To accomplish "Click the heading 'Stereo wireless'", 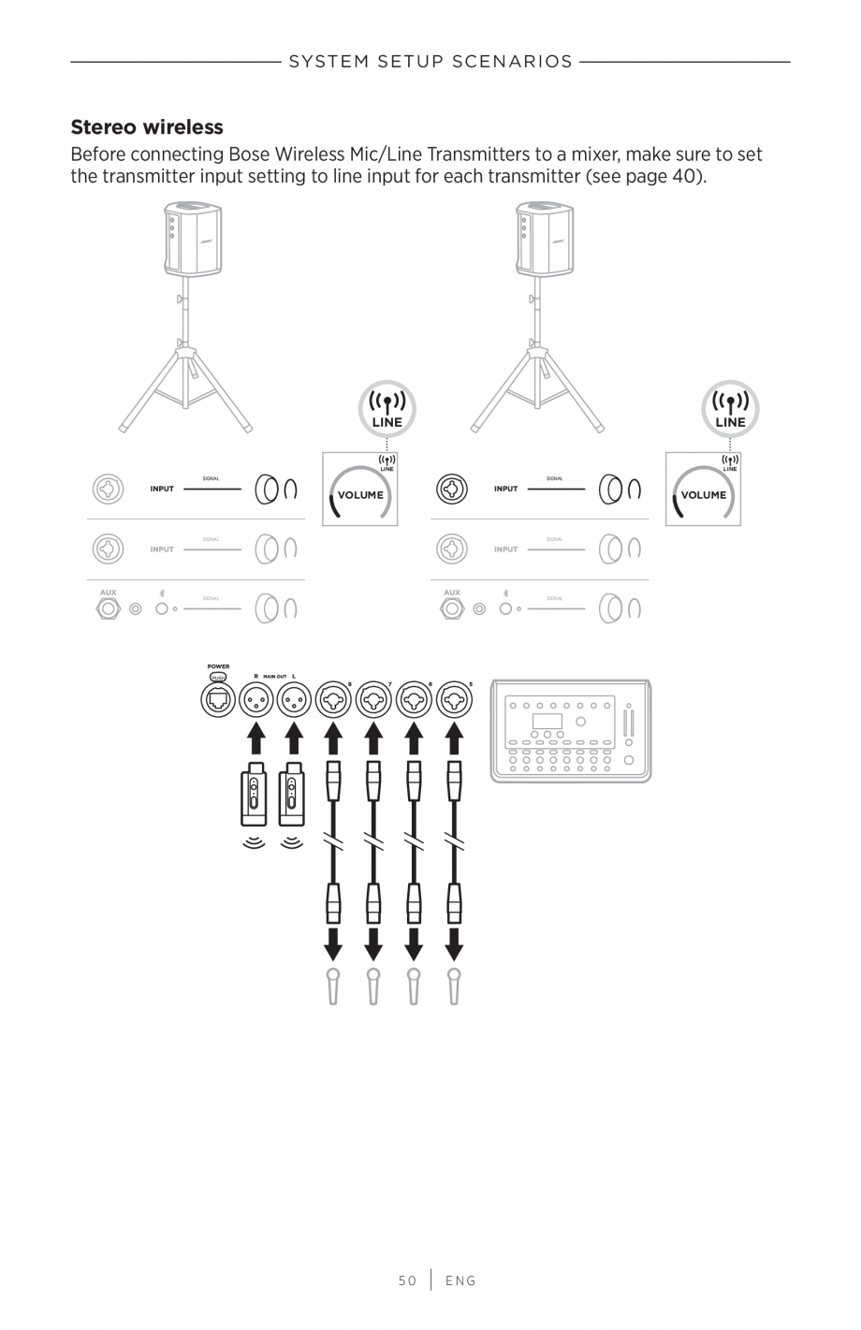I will click(x=147, y=127).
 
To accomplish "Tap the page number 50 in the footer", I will click(x=407, y=1280).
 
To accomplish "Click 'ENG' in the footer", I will click(x=460, y=1280).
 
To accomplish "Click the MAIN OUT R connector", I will click(x=255, y=699).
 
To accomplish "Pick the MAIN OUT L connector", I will click(x=294, y=699).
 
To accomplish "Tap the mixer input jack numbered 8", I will click(x=333, y=699).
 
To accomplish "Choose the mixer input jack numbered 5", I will click(x=454, y=699).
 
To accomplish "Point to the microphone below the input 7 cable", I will click(x=373, y=987).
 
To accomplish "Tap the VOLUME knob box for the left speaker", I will click(x=360, y=490).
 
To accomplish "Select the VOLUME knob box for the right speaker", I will click(x=703, y=490).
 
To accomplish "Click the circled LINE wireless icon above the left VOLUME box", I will click(x=387, y=409).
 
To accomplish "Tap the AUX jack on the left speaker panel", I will click(x=109, y=608).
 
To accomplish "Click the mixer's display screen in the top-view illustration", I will click(x=547, y=722).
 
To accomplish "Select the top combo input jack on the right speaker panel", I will click(x=451, y=489).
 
